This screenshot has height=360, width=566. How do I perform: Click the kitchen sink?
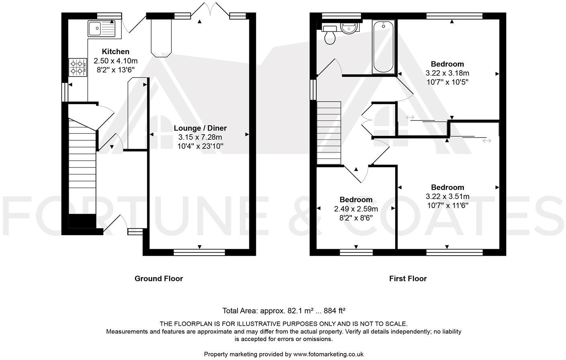pyautogui.click(x=101, y=29)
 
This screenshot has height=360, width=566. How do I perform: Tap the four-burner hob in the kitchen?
pyautogui.click(x=78, y=67)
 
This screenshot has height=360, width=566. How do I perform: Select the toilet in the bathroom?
pyautogui.click(x=330, y=35)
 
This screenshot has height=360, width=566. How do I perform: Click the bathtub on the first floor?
pyautogui.click(x=383, y=47)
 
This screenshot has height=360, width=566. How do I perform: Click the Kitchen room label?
pyautogui.click(x=115, y=51)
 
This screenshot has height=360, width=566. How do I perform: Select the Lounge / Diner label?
pyautogui.click(x=200, y=128)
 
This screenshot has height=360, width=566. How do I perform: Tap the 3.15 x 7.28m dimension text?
pyautogui.click(x=200, y=137)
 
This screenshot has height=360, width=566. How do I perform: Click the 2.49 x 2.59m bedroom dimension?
pyautogui.click(x=356, y=209)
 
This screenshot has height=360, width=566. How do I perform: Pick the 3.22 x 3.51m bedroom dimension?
pyautogui.click(x=447, y=196)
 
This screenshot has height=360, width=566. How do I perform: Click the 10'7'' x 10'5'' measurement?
pyautogui.click(x=447, y=82)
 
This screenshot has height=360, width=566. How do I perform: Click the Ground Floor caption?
pyautogui.click(x=158, y=278)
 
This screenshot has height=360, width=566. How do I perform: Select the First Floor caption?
pyautogui.click(x=408, y=278)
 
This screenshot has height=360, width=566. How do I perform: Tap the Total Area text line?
pyautogui.click(x=284, y=311)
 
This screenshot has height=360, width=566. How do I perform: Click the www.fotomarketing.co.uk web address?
pyautogui.click(x=328, y=354)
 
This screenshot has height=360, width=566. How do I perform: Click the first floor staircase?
pyautogui.click(x=328, y=133)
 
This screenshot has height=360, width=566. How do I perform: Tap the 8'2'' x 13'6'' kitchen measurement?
pyautogui.click(x=115, y=70)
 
